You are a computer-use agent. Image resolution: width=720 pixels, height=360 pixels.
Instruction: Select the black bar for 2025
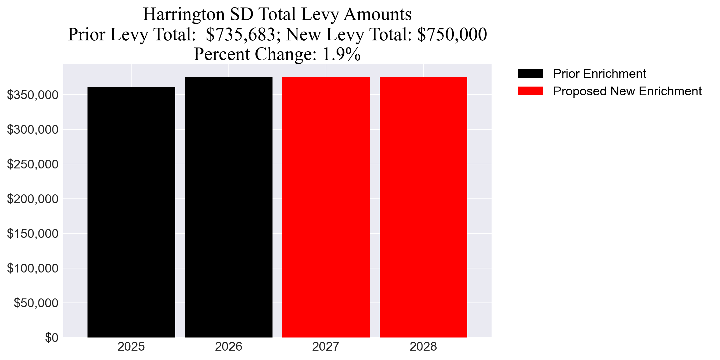pyautogui.click(x=131, y=212)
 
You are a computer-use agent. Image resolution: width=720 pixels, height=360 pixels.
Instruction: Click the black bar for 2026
pyautogui.click(x=228, y=207)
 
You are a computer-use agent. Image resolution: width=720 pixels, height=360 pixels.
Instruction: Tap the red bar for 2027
pyautogui.click(x=326, y=207)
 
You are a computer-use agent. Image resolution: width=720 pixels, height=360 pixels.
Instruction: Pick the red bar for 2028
pyautogui.click(x=423, y=207)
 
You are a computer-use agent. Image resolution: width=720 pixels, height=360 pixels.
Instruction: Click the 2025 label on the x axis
pyautogui.click(x=131, y=347)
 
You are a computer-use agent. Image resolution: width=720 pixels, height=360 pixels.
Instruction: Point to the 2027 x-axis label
pyautogui.click(x=326, y=347)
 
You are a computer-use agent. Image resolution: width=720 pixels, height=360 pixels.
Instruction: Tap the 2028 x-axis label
pyautogui.click(x=423, y=347)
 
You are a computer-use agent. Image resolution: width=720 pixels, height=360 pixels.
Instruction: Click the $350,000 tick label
pyautogui.click(x=33, y=95)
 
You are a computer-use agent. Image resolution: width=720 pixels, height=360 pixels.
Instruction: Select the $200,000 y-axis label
pyautogui.click(x=33, y=199)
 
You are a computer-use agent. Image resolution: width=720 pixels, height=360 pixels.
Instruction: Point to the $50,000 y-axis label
pyautogui.click(x=36, y=303)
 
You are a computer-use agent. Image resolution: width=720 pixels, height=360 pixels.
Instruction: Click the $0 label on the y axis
pyautogui.click(x=52, y=337)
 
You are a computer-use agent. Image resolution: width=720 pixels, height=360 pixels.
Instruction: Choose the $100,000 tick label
pyautogui.click(x=33, y=268)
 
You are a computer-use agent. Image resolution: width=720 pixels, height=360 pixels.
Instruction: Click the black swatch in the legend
pyautogui.click(x=530, y=73)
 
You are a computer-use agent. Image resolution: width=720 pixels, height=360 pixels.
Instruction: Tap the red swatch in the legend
pyautogui.click(x=530, y=91)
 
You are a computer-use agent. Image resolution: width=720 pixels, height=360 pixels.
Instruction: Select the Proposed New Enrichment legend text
pyautogui.click(x=627, y=91)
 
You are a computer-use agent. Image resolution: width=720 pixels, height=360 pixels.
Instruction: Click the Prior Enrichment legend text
pyautogui.click(x=599, y=74)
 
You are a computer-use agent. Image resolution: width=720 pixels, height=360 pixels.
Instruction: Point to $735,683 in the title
pyautogui.click(x=240, y=34)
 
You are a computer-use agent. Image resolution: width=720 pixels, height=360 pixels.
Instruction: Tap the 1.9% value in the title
pyautogui.click(x=341, y=54)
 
